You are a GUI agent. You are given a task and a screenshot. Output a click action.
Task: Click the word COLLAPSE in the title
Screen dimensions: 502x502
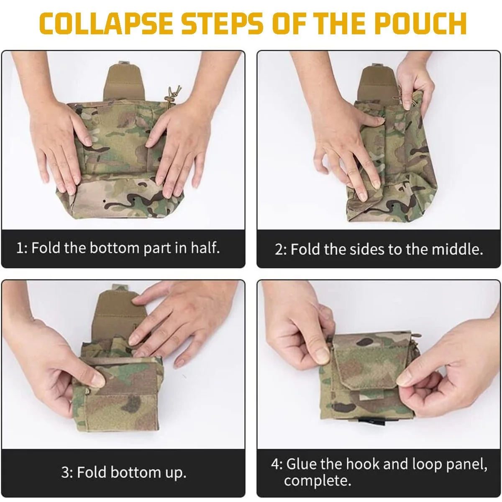[106, 23]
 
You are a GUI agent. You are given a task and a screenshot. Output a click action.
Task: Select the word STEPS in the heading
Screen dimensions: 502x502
[222, 23]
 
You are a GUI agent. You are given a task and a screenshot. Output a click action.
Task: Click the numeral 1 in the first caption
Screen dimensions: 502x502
[20, 248]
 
